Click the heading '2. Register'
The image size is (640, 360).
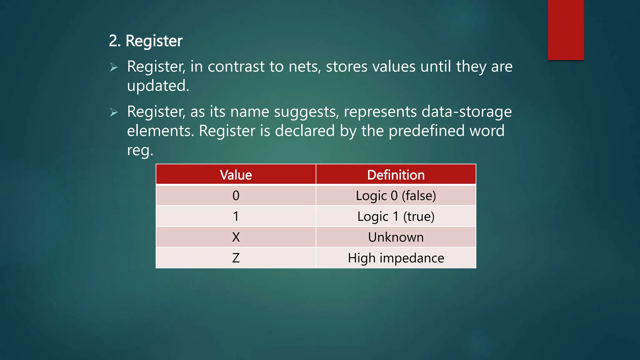146,41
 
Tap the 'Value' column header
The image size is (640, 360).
236,175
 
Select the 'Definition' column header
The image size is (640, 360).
396,175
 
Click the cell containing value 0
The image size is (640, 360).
236,196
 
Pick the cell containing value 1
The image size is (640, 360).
236,216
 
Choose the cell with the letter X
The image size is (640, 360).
236,237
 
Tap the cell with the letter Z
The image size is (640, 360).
236,258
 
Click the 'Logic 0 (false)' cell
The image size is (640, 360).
396,196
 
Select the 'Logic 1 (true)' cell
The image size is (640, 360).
396,216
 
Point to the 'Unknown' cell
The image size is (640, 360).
396,237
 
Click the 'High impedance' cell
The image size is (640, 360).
396,258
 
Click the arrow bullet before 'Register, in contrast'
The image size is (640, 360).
114,67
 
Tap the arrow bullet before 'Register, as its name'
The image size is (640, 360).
114,112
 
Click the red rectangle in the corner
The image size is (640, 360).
566,30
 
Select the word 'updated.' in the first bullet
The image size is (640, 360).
158,86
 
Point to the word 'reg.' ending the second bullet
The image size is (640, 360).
140,150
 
